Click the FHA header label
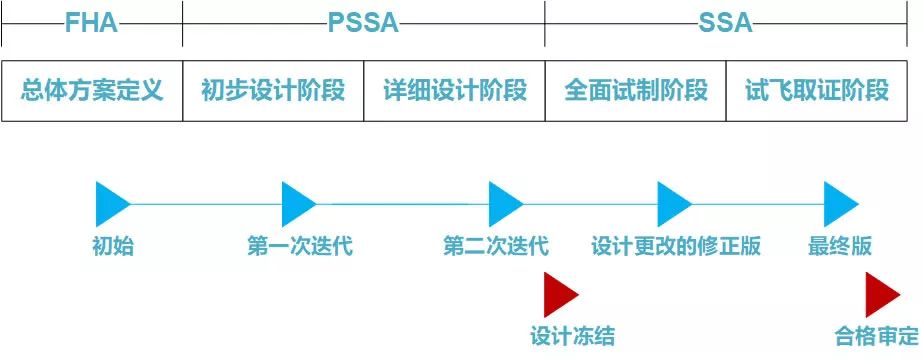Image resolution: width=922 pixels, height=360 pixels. [92, 23]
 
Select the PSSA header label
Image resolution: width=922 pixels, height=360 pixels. [363, 23]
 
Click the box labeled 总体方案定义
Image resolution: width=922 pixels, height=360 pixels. [92, 91]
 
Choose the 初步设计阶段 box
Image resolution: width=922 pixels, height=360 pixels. [273, 91]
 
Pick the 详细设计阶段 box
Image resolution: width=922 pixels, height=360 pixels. [454, 91]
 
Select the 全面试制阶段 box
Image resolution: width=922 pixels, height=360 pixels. [635, 91]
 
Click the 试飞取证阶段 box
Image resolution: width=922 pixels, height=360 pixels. [817, 91]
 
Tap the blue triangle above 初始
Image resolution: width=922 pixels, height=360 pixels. [110, 204]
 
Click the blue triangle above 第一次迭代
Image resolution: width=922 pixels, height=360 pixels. [297, 204]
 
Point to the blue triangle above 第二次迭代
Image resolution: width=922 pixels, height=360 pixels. [504, 204]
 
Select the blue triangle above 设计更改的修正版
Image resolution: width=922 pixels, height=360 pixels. [672, 204]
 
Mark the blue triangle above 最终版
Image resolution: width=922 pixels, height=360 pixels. [839, 204]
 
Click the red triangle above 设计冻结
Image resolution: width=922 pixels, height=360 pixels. [559, 294]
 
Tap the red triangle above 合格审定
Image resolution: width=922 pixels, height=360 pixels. [880, 294]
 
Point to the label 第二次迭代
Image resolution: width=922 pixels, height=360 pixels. [496, 246]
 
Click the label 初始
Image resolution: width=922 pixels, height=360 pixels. [112, 246]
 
